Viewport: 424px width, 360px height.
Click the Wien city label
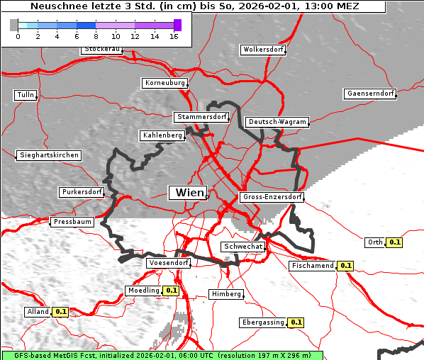click(188, 193)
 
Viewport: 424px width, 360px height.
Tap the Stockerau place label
click(102, 50)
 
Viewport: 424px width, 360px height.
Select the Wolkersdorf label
click(263, 50)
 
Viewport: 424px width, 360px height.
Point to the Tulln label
click(26, 95)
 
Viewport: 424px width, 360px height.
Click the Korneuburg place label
click(165, 83)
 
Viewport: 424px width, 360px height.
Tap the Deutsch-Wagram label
click(277, 122)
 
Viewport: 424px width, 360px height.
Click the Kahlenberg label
click(162, 135)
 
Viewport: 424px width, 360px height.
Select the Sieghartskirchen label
click(49, 155)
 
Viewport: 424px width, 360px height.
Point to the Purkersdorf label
click(82, 192)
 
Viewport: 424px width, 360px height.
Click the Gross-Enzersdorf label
click(272, 197)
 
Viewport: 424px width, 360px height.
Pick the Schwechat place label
click(243, 247)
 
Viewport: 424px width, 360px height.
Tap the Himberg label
click(226, 294)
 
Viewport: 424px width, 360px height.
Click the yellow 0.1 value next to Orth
click(395, 242)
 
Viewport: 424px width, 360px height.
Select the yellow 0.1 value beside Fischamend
click(345, 266)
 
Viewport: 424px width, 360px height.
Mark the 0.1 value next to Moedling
click(171, 291)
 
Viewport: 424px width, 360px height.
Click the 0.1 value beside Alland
click(61, 311)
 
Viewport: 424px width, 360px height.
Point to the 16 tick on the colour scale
click(174, 36)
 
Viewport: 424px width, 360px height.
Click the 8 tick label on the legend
click(96, 36)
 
